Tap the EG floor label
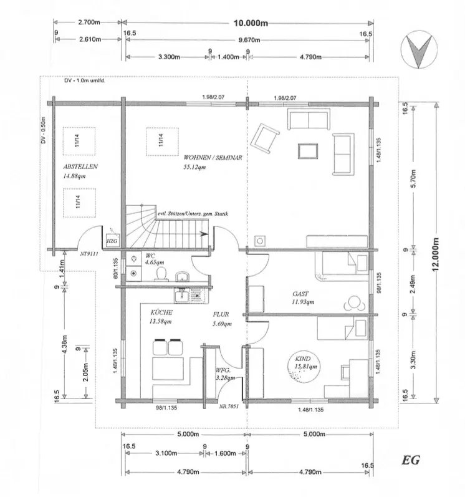[x=411, y=462]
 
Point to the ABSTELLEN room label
[x=81, y=167]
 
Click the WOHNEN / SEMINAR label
[x=213, y=158]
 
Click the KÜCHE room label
[x=161, y=312]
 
